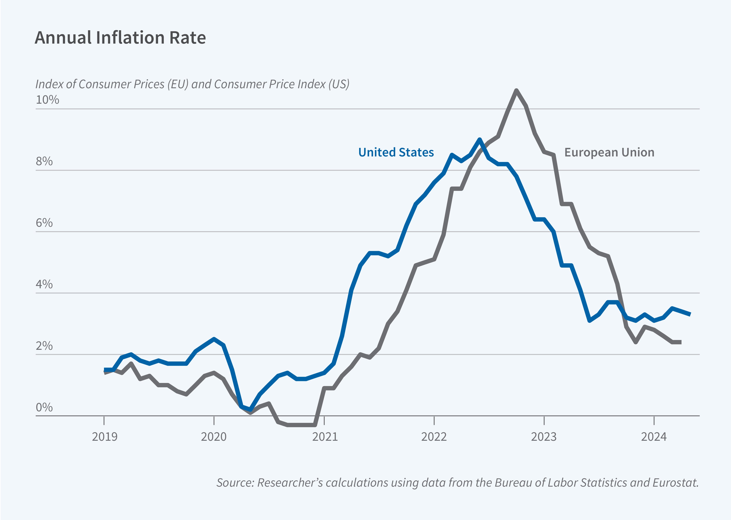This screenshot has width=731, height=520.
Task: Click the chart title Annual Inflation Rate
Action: (x=120, y=38)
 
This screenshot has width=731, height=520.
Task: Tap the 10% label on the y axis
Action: (x=47, y=100)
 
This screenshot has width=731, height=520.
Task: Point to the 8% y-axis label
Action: (x=44, y=161)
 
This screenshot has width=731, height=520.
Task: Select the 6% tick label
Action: (x=44, y=223)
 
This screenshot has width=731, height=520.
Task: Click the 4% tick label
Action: (x=44, y=284)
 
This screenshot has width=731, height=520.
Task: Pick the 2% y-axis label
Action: (x=44, y=346)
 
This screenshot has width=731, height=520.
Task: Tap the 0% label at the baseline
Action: (x=44, y=408)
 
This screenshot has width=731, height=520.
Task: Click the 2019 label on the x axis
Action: (x=104, y=437)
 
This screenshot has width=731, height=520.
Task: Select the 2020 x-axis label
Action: (x=214, y=437)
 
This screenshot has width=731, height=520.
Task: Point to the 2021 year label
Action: (x=325, y=437)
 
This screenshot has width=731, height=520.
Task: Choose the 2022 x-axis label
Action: (x=434, y=437)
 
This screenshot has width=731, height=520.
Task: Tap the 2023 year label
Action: (x=544, y=437)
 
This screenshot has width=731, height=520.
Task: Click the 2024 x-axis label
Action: (x=654, y=437)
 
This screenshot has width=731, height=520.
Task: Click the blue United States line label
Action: (x=396, y=152)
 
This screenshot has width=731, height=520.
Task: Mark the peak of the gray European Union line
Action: (x=516, y=91)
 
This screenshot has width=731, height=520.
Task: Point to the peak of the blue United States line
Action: (x=479, y=140)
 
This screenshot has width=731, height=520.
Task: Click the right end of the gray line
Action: (x=680, y=342)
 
